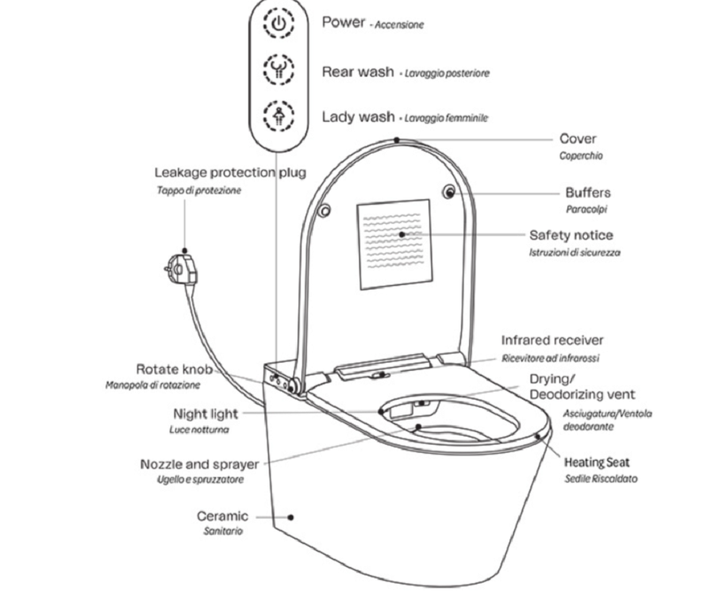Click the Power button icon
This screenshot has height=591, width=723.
[279, 24]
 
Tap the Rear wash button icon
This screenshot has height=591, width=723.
[279, 72]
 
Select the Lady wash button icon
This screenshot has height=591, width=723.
[279, 117]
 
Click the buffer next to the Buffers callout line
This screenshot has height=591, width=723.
[449, 192]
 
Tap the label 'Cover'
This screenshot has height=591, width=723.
[578, 139]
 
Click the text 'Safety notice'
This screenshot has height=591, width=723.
[571, 236]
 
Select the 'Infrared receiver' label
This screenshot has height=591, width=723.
[552, 341]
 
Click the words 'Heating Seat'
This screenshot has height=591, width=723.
[597, 463]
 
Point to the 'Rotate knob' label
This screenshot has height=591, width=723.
[174, 369]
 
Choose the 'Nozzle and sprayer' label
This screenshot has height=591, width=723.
[199, 465]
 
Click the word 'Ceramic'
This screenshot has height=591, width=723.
[222, 516]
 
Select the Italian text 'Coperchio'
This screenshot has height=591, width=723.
[580, 156]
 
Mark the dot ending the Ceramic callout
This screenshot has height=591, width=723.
[290, 518]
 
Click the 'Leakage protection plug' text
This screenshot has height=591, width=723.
[230, 173]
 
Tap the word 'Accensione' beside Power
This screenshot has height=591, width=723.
[400, 25]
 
